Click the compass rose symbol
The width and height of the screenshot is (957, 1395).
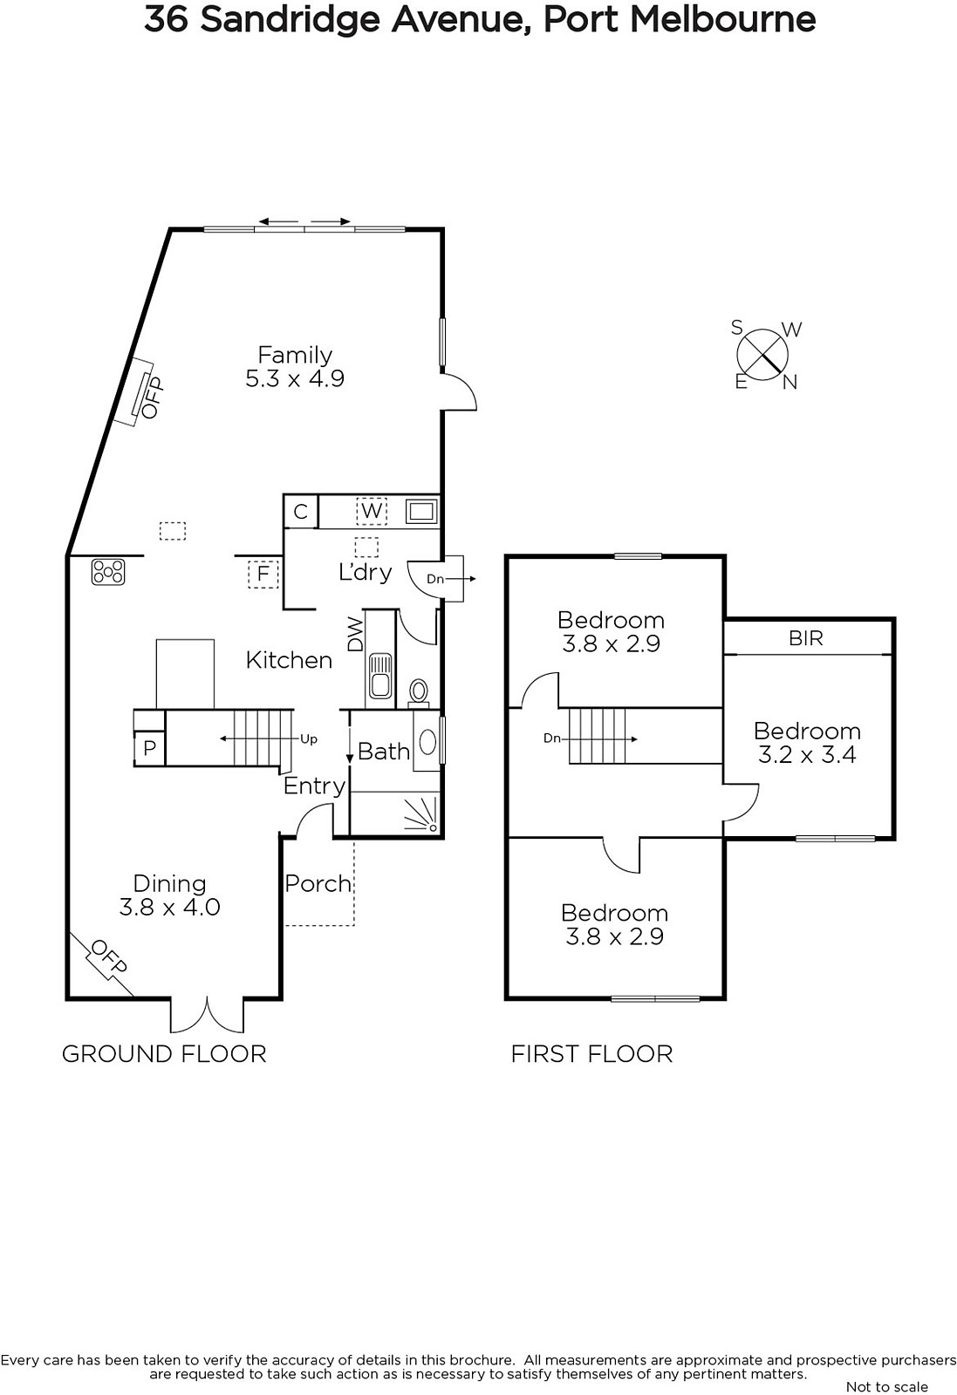click(x=762, y=355)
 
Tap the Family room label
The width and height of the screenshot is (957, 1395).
click(x=295, y=355)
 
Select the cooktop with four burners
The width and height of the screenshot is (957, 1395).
click(x=108, y=572)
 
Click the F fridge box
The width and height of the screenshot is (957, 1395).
click(x=263, y=573)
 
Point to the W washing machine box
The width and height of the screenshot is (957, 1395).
click(x=372, y=511)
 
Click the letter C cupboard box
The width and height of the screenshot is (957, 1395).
click(x=301, y=511)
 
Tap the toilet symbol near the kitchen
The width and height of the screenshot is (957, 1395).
click(x=419, y=692)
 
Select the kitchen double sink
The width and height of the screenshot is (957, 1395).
click(x=380, y=675)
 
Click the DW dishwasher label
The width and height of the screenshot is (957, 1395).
click(x=354, y=633)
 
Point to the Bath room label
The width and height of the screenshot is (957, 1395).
click(x=384, y=752)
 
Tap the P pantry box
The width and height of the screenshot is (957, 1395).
click(x=149, y=747)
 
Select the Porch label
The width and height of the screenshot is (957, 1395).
click(x=318, y=883)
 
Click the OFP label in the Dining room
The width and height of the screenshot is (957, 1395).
click(x=109, y=956)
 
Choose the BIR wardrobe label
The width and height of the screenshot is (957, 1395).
click(x=805, y=638)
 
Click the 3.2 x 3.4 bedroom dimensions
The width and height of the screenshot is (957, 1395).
click(x=807, y=755)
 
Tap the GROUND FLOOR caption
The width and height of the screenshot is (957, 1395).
click(x=164, y=1054)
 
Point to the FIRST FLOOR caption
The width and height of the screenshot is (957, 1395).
click(x=591, y=1054)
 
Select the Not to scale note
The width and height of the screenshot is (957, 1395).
click(x=886, y=1386)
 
